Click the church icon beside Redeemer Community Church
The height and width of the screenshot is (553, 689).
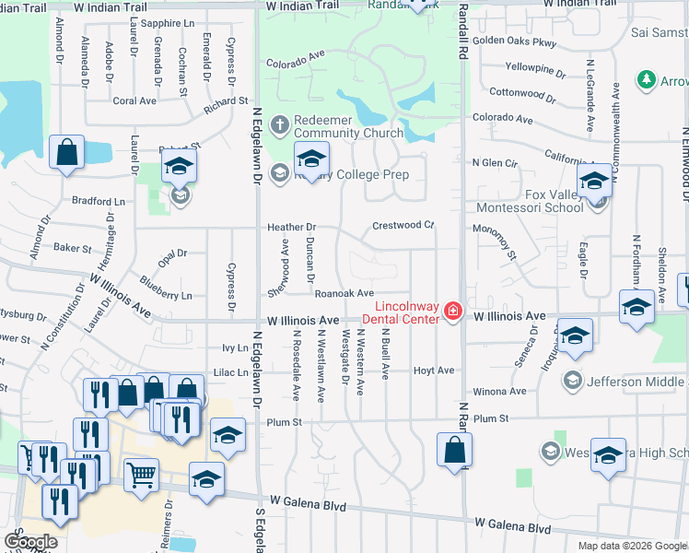(281, 122)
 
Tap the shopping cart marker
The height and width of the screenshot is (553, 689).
(141, 477)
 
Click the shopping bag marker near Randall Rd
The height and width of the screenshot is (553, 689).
(454, 450)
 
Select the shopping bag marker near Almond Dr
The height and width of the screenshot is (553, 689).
(67, 153)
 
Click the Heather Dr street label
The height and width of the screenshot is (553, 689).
(291, 227)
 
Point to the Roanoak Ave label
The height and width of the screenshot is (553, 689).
(344, 293)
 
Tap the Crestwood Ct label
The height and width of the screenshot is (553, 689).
(403, 225)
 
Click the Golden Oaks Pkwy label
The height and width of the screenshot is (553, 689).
(515, 41)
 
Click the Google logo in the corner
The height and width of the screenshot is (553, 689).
(31, 541)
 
